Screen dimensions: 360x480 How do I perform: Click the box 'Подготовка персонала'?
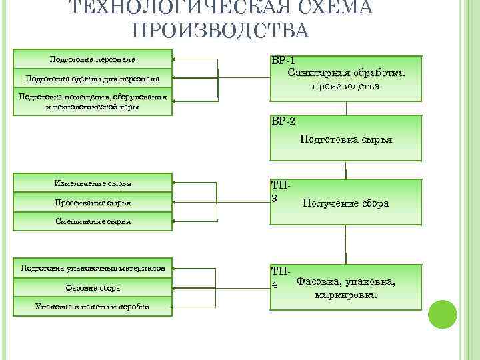[x=93, y=58]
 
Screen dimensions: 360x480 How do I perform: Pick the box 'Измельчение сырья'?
[x=93, y=183]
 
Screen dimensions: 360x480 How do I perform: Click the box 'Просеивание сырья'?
[x=93, y=203]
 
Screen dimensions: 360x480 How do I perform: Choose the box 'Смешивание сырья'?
[x=93, y=221]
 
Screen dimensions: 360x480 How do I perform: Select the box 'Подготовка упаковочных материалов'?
[x=93, y=268]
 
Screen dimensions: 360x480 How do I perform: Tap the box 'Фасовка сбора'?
[x=93, y=288]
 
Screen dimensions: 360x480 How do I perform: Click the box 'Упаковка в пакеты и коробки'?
[x=93, y=307]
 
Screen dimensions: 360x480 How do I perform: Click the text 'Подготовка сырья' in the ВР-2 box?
[x=346, y=140]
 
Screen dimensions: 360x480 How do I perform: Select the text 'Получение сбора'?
[x=345, y=203]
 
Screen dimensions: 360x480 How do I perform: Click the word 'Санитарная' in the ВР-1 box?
[x=316, y=72]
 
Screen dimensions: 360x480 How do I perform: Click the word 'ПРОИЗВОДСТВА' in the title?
[x=221, y=31]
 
